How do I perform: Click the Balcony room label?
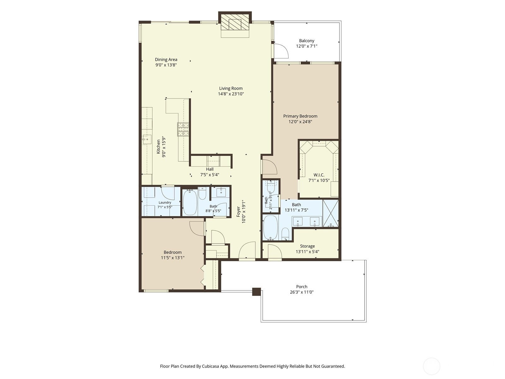[x=306, y=41]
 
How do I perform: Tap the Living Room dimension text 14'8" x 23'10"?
[x=231, y=94]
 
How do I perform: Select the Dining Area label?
[x=166, y=60]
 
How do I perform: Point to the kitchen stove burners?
[x=183, y=129]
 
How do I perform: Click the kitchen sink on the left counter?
[x=146, y=139]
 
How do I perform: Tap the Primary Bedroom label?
[x=300, y=116]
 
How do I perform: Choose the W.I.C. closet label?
[x=319, y=175]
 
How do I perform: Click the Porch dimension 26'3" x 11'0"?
[x=302, y=292]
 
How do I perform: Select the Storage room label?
[x=307, y=246]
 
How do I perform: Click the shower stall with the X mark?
[x=330, y=213]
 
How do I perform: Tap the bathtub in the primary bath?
[x=270, y=228]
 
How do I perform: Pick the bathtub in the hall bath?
[x=190, y=202]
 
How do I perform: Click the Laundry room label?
[x=165, y=202]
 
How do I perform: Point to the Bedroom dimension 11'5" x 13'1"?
[x=173, y=258]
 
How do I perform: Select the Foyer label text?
[x=238, y=212]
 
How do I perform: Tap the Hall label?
[x=210, y=169]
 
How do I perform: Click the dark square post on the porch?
[x=256, y=292]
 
